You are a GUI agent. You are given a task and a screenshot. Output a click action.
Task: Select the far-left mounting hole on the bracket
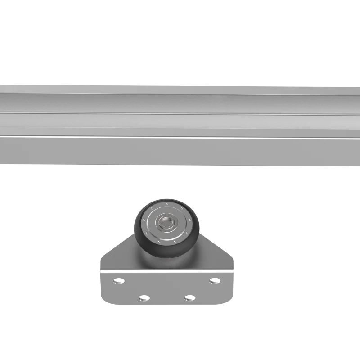(x=119, y=281)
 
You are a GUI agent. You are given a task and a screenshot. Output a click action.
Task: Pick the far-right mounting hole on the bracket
(x=215, y=281)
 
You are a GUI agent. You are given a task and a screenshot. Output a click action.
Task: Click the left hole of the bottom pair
(x=144, y=298)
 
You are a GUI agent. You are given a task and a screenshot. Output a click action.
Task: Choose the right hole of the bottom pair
(x=190, y=298)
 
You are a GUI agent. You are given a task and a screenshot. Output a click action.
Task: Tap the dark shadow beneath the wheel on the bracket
(x=166, y=264)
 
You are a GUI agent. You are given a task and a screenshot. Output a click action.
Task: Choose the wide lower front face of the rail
(x=180, y=151)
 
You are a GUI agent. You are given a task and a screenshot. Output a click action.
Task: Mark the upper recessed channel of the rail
(x=180, y=103)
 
